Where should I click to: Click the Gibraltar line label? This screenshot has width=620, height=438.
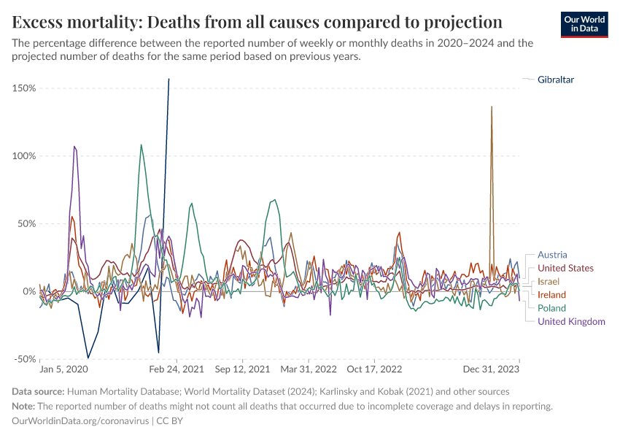point(560,79)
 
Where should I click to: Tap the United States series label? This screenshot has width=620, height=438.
point(565,268)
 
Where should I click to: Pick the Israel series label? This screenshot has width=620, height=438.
point(549,281)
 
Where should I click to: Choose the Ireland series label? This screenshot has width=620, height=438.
point(552,294)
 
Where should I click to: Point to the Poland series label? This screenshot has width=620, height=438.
point(552,308)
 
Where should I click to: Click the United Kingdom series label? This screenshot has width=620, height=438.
point(571,321)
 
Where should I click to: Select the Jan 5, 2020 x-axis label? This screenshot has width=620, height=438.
point(67,369)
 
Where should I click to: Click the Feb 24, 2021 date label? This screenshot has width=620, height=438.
point(177,369)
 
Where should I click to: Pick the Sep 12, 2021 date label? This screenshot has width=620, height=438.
point(243,369)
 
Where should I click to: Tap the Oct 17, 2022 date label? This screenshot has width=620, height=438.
point(375,369)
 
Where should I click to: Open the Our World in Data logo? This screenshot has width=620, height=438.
point(584,24)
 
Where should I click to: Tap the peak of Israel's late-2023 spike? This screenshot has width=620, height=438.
point(492,107)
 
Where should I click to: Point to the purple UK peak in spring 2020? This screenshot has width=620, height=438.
point(74,147)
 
